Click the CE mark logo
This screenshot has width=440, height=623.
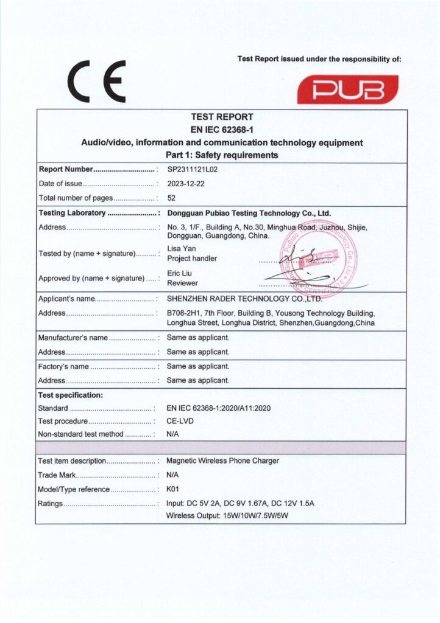(97, 82)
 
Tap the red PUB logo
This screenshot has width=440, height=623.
(347, 89)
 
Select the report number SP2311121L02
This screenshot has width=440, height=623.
(192, 170)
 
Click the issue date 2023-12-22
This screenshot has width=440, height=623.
(185, 184)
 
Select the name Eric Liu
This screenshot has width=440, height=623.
(180, 273)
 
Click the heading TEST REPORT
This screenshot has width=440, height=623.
(222, 117)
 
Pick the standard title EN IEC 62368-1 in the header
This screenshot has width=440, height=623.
(222, 130)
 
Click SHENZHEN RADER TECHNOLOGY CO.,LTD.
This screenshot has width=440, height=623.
(244, 299)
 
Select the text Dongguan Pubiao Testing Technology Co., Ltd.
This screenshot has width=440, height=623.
(249, 213)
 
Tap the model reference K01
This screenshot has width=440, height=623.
(173, 489)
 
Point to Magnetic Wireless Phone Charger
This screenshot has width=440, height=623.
(222, 461)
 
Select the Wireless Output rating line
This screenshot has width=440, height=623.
(227, 516)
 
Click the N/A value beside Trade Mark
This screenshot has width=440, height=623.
(172, 475)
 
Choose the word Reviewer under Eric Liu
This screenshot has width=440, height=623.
(182, 283)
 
